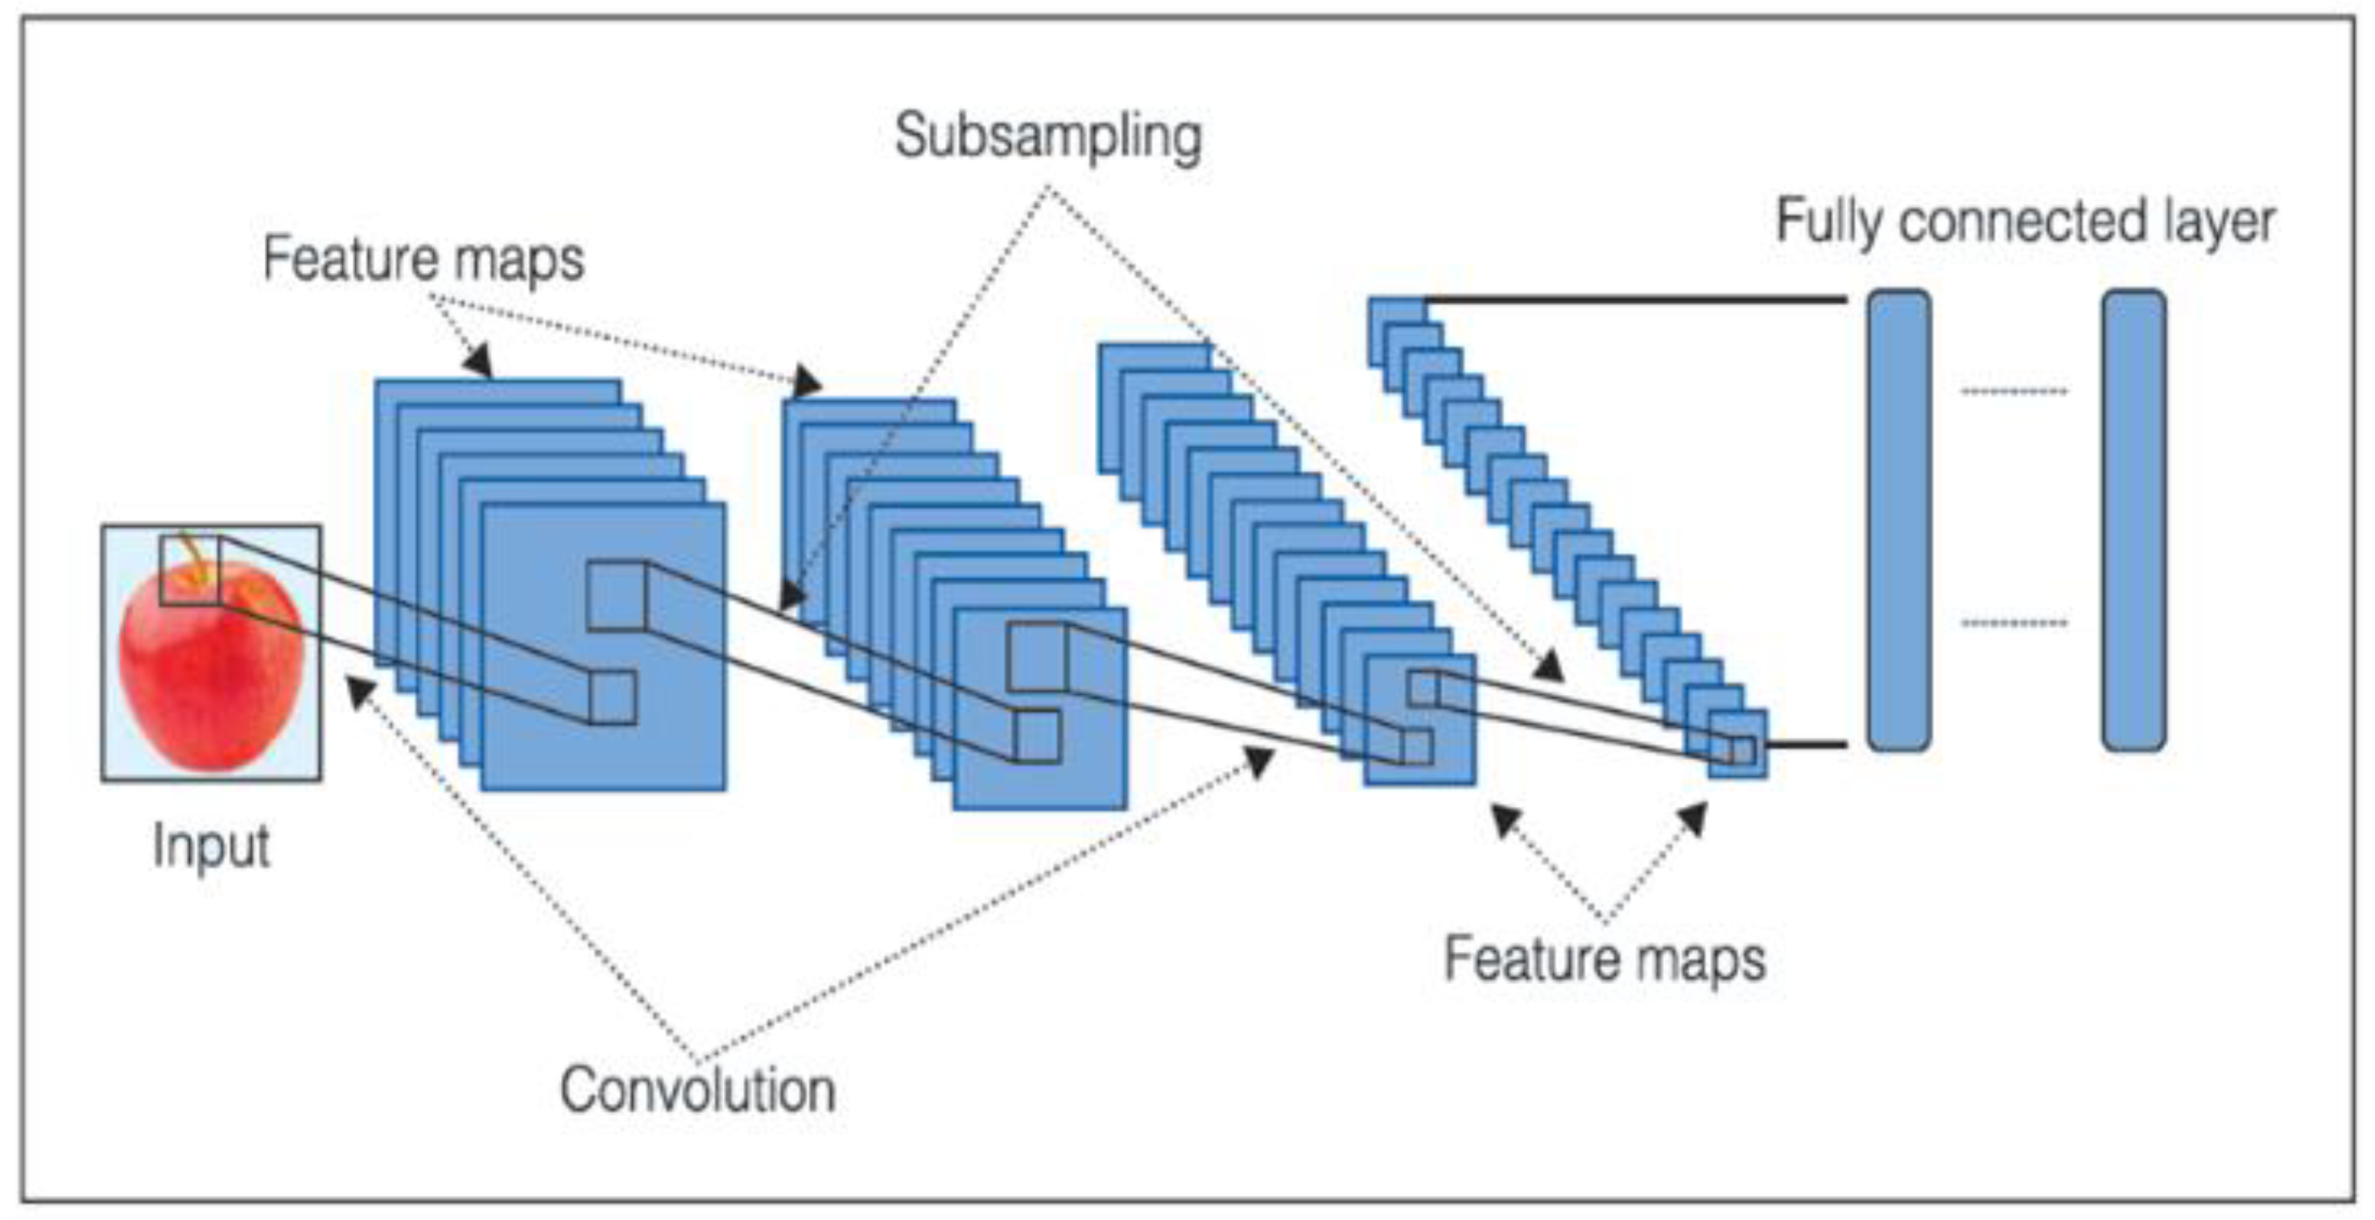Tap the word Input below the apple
tap(211, 846)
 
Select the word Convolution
tap(698, 1091)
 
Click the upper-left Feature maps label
tap(423, 258)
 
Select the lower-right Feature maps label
tap(1605, 960)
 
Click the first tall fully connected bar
tap(1899, 519)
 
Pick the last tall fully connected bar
tap(2134, 519)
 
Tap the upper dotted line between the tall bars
tap(2014, 392)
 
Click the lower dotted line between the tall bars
tap(2014, 623)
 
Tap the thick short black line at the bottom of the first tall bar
tap(1807, 743)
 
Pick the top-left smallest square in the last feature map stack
tap(1395, 311)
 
